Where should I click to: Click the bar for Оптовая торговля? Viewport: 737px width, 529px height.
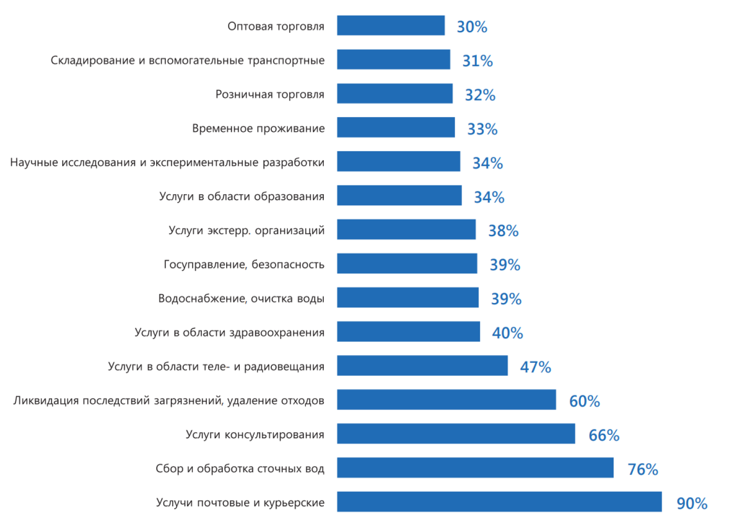point(391,25)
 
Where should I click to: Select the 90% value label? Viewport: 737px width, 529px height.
point(692,503)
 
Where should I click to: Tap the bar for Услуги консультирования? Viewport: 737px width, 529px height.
point(456,434)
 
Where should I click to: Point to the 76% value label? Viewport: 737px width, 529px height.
point(643,469)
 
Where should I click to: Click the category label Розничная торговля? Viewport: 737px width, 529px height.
point(270,95)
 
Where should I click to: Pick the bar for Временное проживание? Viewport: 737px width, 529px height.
point(396,127)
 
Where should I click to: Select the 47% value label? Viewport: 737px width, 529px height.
point(535,367)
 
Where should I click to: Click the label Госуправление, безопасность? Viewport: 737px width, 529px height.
point(244,265)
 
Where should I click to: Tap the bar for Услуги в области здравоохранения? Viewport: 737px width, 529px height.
point(408,332)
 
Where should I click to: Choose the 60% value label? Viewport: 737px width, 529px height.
point(584,401)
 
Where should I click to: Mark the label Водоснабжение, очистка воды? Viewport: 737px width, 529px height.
point(241,299)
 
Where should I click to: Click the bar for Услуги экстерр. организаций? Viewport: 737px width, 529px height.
point(406,229)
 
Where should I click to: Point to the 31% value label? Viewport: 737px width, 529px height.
point(477,60)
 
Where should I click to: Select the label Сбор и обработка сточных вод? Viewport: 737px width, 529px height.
point(240,469)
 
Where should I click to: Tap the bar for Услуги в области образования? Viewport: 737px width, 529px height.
point(399,195)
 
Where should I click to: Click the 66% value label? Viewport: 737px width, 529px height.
point(603,435)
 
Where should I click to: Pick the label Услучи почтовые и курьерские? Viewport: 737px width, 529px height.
point(240,503)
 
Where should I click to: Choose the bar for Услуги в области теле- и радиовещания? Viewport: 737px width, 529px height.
point(422,365)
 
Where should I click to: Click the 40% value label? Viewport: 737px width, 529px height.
point(507,333)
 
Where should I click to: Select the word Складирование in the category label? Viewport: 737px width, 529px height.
point(93,60)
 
